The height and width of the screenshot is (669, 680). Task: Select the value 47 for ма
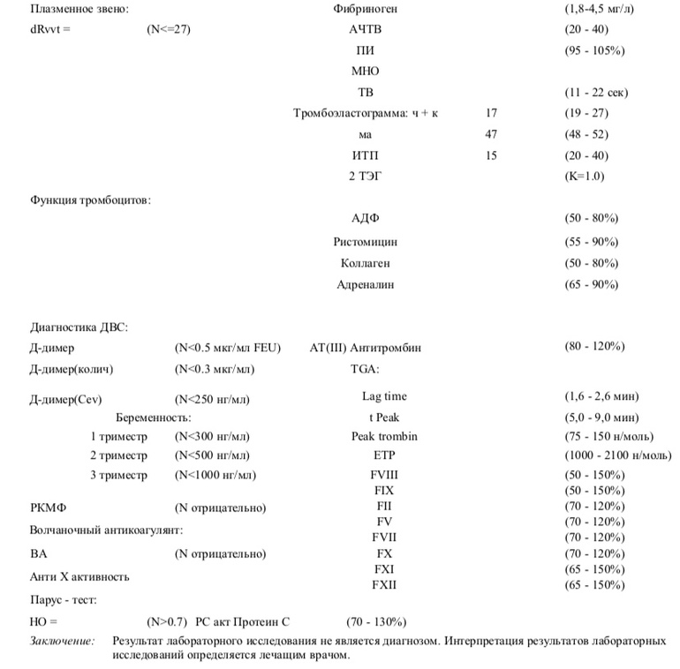(492, 134)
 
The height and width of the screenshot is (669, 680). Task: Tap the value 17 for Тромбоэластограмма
(492, 113)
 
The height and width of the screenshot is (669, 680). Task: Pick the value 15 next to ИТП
(492, 155)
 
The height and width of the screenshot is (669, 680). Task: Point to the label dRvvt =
(49, 29)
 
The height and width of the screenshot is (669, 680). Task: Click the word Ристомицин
(366, 242)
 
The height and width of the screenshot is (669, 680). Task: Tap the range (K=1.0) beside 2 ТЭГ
(585, 177)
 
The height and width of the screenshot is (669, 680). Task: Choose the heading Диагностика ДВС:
(79, 327)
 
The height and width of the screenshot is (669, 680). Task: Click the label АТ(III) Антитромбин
(366, 348)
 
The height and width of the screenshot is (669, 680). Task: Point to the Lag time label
(384, 396)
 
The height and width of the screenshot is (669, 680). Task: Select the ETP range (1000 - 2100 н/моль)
(617, 455)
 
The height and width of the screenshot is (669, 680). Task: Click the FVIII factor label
(385, 475)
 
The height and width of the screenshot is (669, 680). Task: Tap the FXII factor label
(384, 585)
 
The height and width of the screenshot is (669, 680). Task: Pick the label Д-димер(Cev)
(66, 400)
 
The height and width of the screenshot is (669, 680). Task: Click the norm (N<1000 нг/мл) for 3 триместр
(215, 476)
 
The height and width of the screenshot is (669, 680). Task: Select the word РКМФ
(49, 508)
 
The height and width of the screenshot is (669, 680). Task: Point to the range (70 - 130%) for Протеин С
(376, 621)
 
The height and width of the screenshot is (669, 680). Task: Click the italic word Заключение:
(63, 641)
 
